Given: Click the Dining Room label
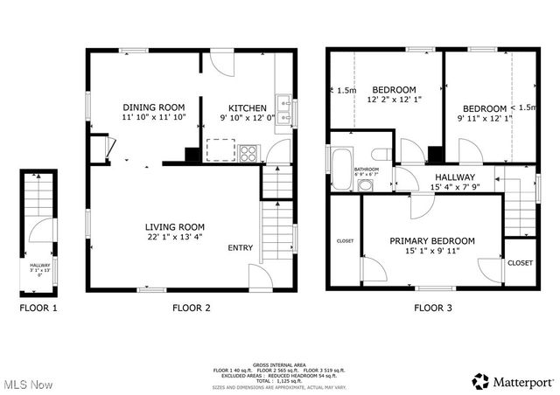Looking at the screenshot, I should coord(153,107).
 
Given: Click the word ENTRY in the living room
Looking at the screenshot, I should coord(241,248).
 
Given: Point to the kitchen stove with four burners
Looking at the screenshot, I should coord(248,154).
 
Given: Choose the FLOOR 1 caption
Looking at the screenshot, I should coord(39,308).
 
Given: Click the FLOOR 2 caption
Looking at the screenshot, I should coord(191,308).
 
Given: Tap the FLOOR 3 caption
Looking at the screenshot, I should coord(433,308).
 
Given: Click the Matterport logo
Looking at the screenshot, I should coord(513,381).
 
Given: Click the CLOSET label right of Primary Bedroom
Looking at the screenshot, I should coord(521,262).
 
